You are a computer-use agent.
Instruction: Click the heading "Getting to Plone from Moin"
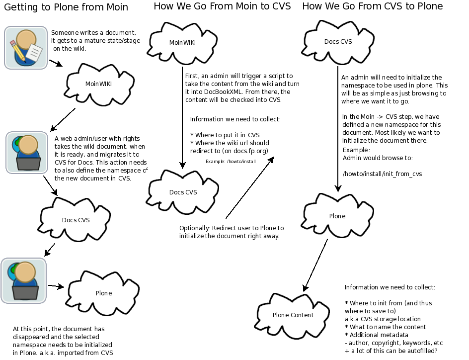66,7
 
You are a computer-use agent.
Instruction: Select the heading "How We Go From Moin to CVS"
222,6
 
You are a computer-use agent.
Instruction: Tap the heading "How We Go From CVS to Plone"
373,6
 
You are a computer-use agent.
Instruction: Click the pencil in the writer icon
18,51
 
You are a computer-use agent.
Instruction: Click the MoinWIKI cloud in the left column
99,84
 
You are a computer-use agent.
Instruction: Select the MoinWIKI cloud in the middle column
182,43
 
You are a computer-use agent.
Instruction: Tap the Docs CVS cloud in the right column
338,42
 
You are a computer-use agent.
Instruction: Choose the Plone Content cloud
292,316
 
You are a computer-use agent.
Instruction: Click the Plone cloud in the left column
104,293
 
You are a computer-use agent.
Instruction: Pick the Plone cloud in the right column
337,216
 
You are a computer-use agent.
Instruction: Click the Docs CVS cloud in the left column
75,220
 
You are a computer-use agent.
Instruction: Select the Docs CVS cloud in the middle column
183,192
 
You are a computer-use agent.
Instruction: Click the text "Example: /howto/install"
231,162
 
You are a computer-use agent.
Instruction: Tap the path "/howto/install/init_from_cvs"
382,174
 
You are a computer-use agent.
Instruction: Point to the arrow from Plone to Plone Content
315,265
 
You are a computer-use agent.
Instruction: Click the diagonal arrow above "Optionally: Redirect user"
250,187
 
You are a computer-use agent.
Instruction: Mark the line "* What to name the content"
385,327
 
